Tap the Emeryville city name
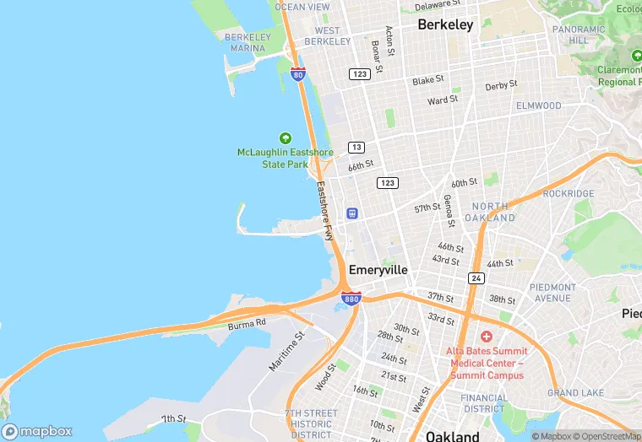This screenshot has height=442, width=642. pos(378,270)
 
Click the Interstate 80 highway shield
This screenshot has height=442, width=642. pos(297,74)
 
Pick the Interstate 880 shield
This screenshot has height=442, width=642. pos(352,298)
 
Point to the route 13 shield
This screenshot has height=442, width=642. pos(356,148)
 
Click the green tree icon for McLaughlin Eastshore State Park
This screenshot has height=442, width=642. pos(285,138)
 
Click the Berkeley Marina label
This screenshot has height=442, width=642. pos(248,42)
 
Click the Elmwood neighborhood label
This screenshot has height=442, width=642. pos(538,106)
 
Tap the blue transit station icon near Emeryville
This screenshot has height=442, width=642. pos(351,213)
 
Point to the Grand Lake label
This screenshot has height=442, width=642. pos(574,393)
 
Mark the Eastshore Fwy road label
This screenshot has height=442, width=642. pos(325,211)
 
